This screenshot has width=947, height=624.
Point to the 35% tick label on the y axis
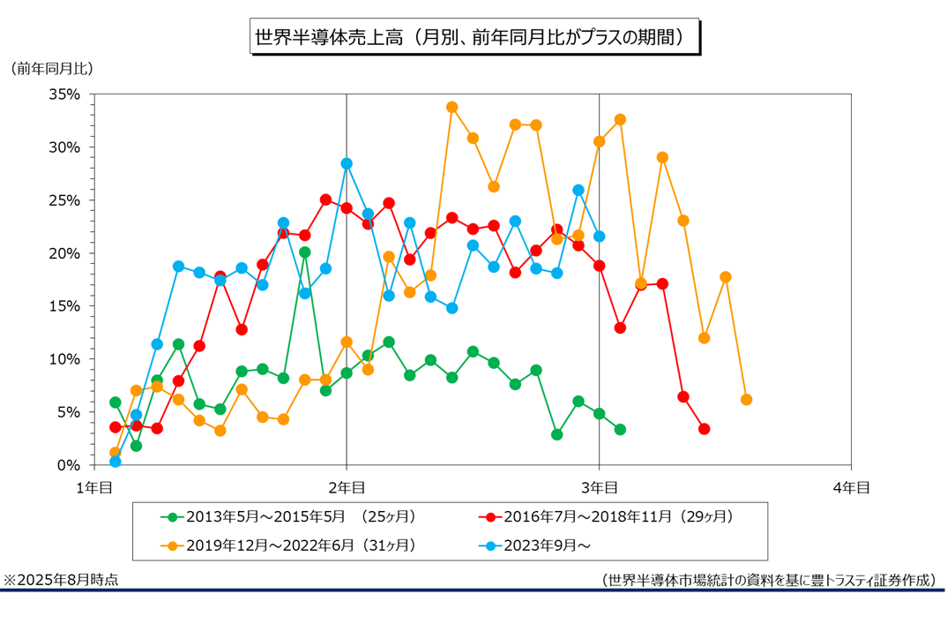point(64,94)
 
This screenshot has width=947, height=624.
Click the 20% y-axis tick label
point(64,253)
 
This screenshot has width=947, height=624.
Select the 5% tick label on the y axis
point(68,412)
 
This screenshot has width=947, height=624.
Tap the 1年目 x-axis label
point(93,486)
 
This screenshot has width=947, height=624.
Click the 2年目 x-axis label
point(347,486)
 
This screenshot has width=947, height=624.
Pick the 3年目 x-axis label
point(599,486)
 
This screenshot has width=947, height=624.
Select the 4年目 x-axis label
point(851,486)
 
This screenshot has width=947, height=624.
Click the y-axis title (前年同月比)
point(52,68)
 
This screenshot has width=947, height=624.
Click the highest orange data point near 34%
point(452,107)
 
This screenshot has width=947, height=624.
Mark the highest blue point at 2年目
point(347,163)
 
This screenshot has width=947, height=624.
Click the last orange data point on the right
point(747,400)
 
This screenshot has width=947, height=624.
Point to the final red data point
point(705,429)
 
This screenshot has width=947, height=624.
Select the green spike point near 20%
point(304,252)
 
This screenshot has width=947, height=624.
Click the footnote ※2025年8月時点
point(61,580)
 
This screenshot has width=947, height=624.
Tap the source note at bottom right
point(768,580)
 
